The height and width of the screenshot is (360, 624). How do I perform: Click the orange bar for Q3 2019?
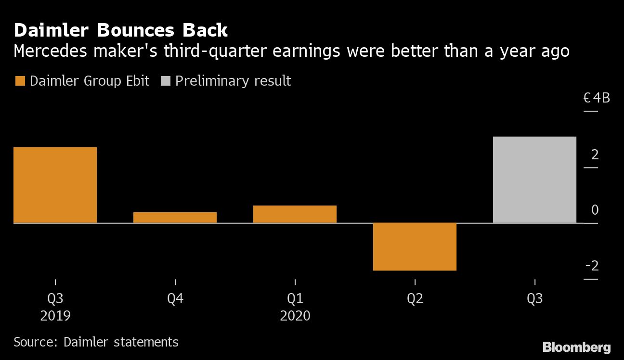click(55, 185)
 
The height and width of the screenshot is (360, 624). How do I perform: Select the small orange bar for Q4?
click(175, 218)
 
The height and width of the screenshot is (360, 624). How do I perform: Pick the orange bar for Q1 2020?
click(295, 214)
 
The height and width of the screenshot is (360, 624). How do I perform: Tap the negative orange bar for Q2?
click(415, 246)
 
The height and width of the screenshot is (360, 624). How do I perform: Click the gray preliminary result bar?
click(534, 180)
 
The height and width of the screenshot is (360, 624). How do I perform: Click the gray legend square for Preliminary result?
click(165, 81)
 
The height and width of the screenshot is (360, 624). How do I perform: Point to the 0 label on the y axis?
click(595, 210)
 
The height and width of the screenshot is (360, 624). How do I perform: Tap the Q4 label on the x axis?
click(175, 299)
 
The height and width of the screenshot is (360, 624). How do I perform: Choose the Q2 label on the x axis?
click(415, 299)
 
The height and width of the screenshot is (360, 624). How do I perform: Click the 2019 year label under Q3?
click(55, 316)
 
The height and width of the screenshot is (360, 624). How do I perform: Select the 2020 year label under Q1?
click(295, 316)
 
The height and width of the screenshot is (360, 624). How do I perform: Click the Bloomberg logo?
click(576, 347)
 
